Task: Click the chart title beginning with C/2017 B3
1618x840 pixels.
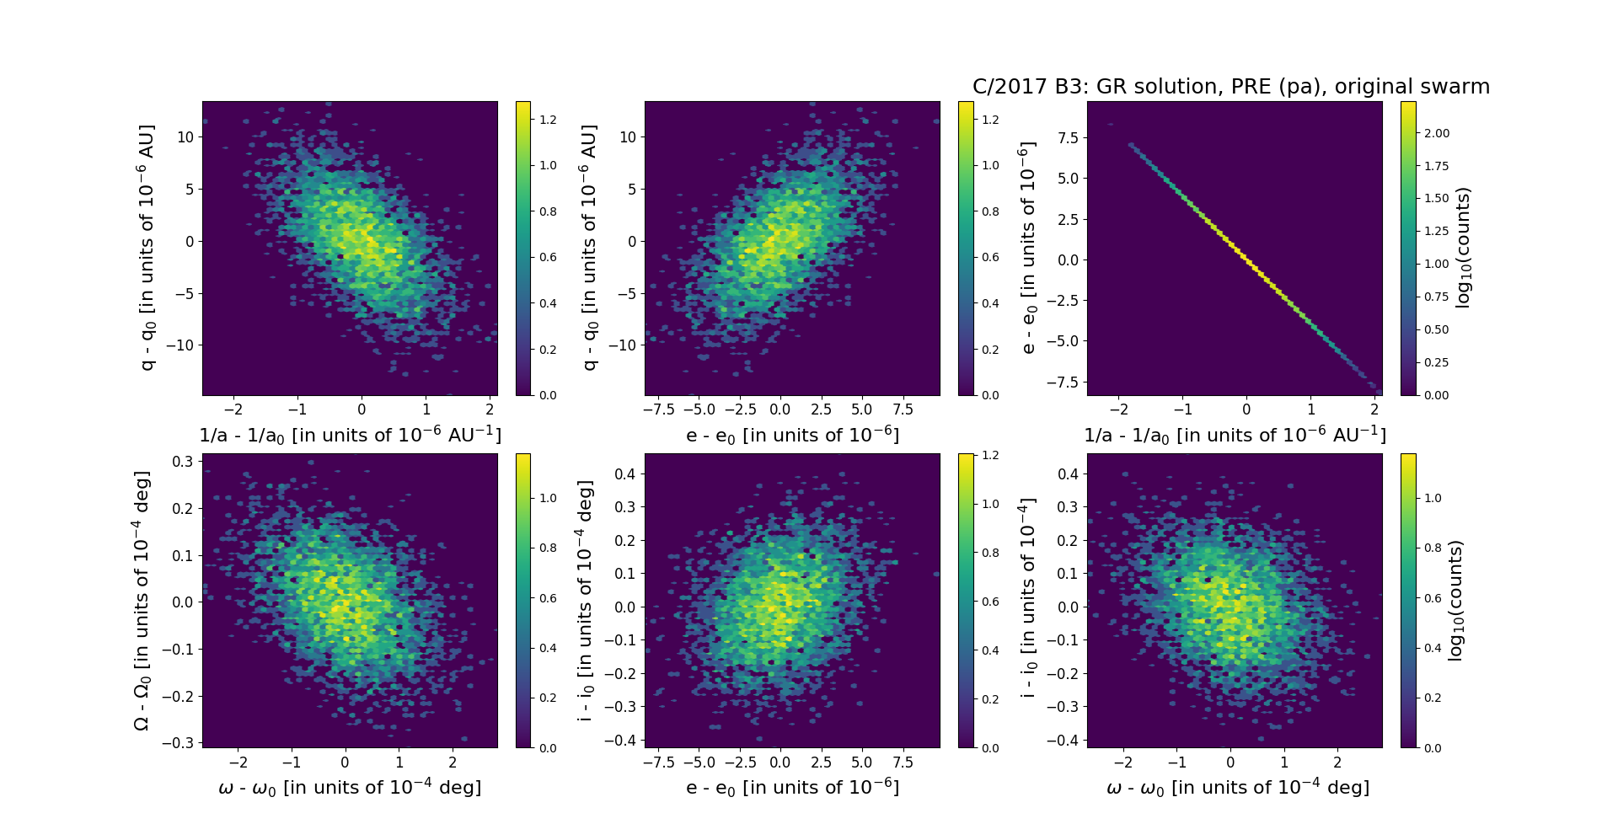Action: pyautogui.click(x=1230, y=87)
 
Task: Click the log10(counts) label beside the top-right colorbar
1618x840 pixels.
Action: pyautogui.click(x=1463, y=248)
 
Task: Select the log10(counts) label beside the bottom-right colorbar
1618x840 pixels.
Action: pyautogui.click(x=1455, y=600)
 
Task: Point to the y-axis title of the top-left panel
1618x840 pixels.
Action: pyautogui.click(x=147, y=248)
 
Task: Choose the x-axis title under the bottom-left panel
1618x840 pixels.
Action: pyautogui.click(x=350, y=788)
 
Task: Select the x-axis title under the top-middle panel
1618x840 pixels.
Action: pyautogui.click(x=792, y=436)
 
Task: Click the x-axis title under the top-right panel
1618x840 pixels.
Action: pyautogui.click(x=1235, y=436)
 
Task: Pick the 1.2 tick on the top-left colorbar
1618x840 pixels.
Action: pyautogui.click(x=548, y=120)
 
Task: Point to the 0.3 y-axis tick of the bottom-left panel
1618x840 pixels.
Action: pyautogui.click(x=183, y=461)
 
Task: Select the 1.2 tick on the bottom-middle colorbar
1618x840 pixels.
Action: pyautogui.click(x=991, y=455)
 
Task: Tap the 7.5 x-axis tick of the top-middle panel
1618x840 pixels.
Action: pyautogui.click(x=903, y=409)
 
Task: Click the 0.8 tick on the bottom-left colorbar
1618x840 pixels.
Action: pyautogui.click(x=548, y=548)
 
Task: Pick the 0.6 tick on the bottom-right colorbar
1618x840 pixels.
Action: pyautogui.click(x=1433, y=598)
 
